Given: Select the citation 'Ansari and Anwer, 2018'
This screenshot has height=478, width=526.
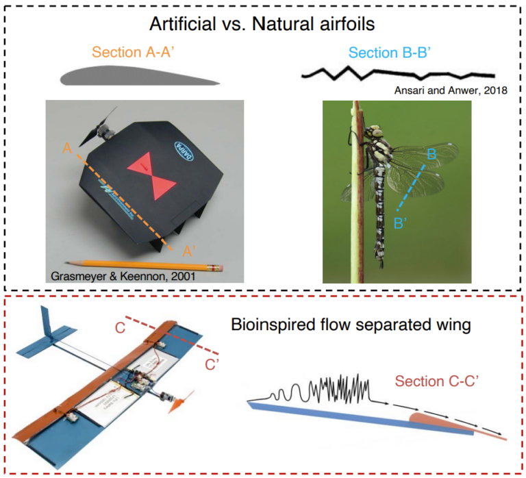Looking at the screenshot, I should pos(451,90).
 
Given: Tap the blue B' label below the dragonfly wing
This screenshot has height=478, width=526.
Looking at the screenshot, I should pos(403,222).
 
